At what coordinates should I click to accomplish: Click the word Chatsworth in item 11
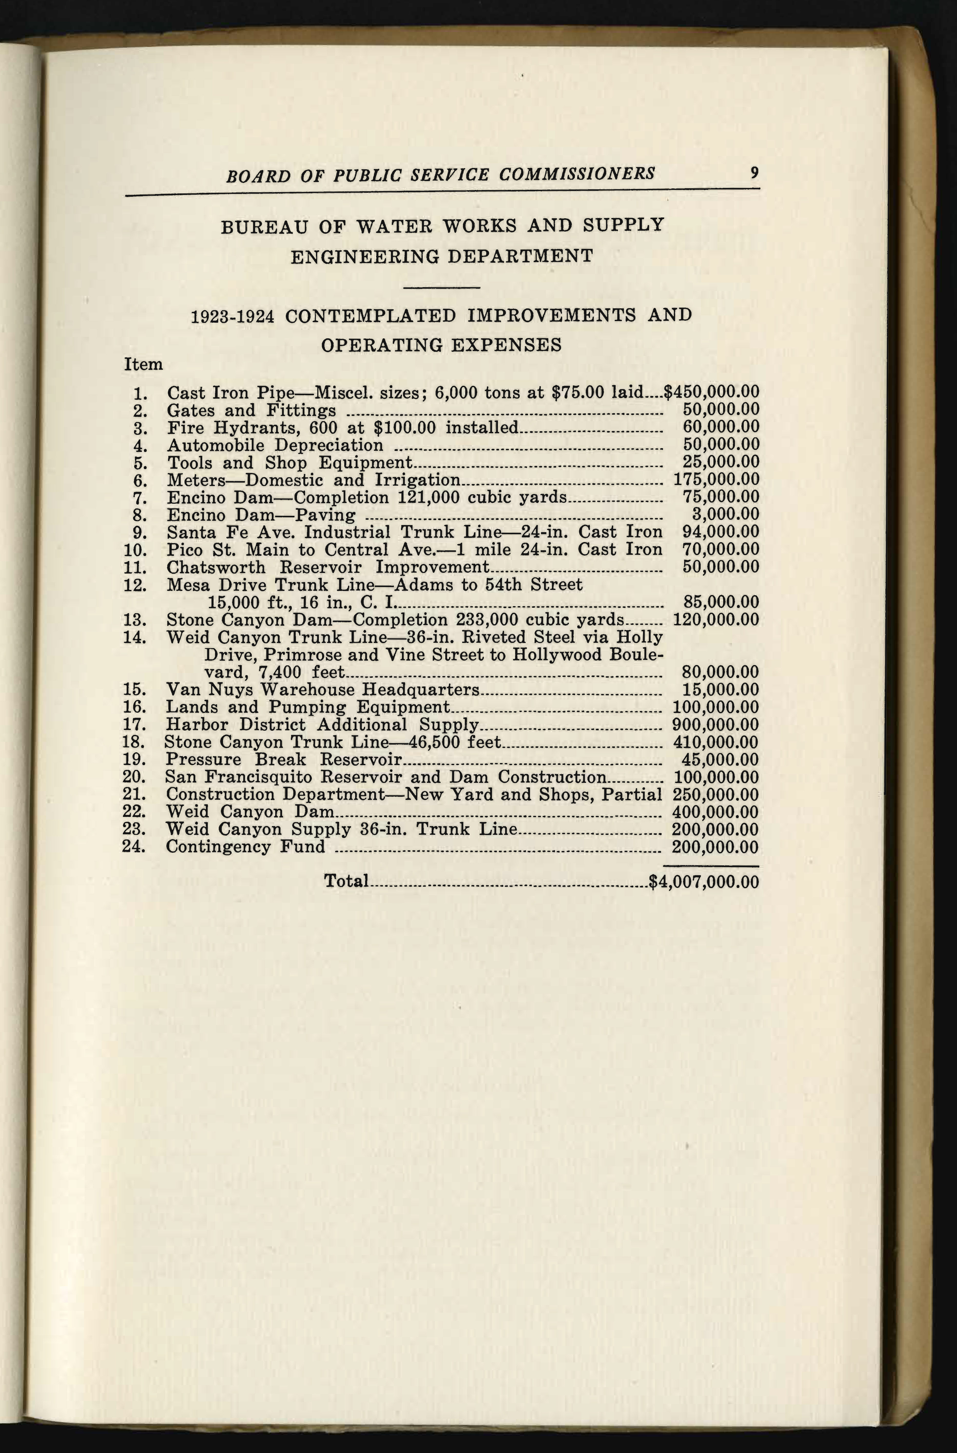(216, 567)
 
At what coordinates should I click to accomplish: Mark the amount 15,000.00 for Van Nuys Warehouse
(720, 690)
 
